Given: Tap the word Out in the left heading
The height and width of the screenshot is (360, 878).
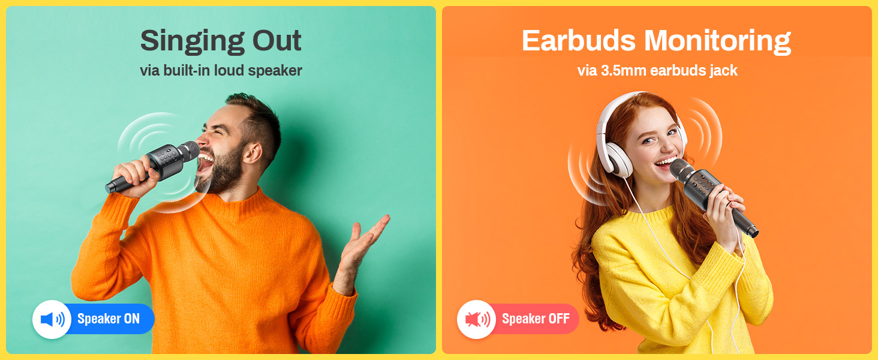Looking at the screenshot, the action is click(x=277, y=40).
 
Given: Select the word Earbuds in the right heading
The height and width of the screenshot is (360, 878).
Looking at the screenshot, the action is click(x=579, y=40).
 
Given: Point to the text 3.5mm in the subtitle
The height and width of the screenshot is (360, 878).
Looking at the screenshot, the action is click(x=623, y=71).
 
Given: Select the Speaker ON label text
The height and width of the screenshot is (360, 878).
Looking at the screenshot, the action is click(x=108, y=319).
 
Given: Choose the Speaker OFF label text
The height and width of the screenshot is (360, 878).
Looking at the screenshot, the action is click(x=536, y=319).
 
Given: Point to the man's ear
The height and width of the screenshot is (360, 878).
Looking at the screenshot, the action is click(x=252, y=153).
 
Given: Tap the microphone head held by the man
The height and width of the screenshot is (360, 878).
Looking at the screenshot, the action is click(x=188, y=151).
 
